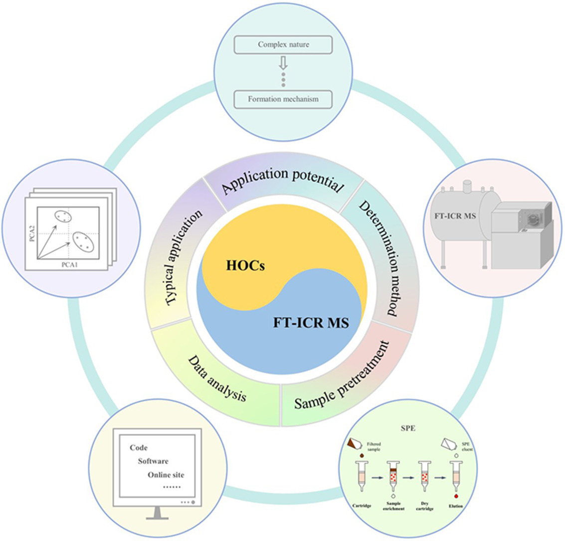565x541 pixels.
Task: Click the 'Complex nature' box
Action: pos(283,45)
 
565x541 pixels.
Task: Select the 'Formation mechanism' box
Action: pos(283,99)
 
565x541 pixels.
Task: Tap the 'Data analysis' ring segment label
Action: pos(217,379)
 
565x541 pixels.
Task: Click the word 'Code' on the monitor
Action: pos(139,448)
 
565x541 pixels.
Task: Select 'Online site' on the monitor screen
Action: pos(166,475)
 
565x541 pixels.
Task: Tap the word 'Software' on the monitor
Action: pos(153,461)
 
